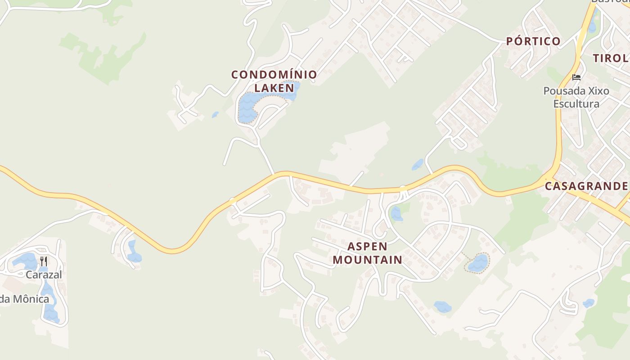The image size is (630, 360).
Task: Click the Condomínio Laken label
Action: pyautogui.click(x=274, y=81)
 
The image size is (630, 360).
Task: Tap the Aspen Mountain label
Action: pyautogui.click(x=367, y=253)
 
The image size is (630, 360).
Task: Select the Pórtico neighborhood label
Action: pyautogui.click(x=533, y=41)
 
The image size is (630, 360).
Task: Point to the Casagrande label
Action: pyautogui.click(x=586, y=186)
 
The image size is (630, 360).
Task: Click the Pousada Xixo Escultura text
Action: pyautogui.click(x=576, y=97)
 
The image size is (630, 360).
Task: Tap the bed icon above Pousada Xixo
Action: pyautogui.click(x=576, y=77)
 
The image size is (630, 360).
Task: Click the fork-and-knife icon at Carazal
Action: pyautogui.click(x=44, y=261)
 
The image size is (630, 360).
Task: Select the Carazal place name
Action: pyautogui.click(x=44, y=274)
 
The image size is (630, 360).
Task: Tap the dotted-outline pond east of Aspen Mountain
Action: pyautogui.click(x=477, y=263)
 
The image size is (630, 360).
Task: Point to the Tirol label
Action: pyautogui.click(x=611, y=58)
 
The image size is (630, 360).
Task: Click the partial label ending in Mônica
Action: pyautogui.click(x=24, y=299)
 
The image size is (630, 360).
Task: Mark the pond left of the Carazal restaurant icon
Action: pyautogui.click(x=25, y=261)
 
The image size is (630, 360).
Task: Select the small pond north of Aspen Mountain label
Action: pyautogui.click(x=396, y=213)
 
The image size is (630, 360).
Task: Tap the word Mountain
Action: pyautogui.click(x=367, y=260)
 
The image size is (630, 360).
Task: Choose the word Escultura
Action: pyautogui.click(x=576, y=104)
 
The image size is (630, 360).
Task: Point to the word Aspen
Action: pyautogui.click(x=367, y=247)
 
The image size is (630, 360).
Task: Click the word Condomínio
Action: pyautogui.click(x=274, y=74)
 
